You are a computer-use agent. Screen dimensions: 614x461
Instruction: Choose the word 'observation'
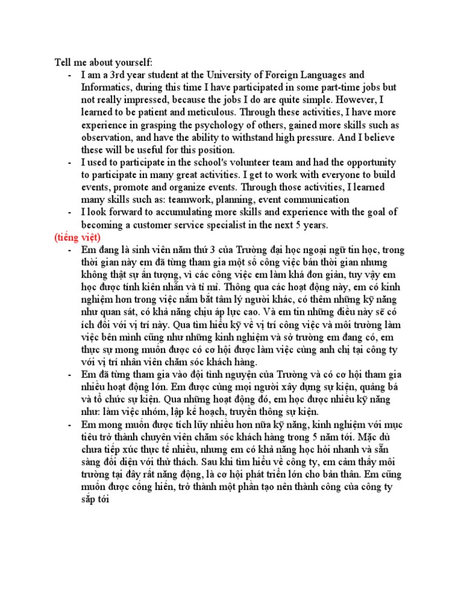click(x=109, y=137)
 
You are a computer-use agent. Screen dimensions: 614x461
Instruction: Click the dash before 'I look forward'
click(x=70, y=212)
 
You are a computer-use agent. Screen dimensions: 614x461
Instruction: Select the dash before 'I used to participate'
click(x=70, y=162)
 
